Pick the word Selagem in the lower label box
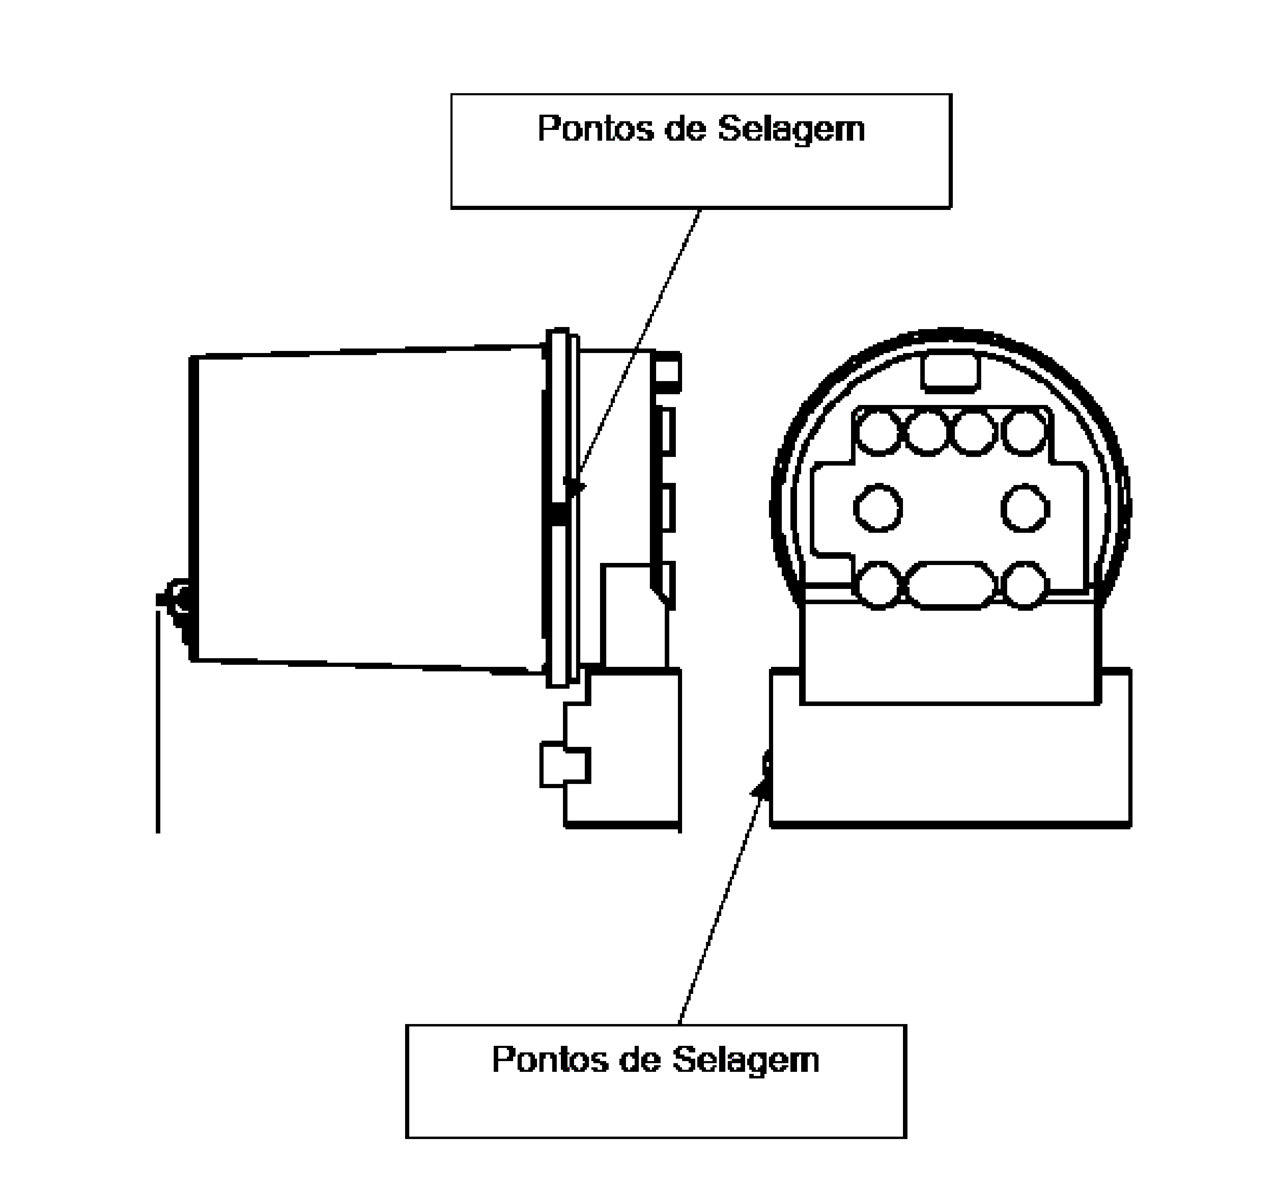(745, 1060)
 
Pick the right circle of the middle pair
(1025, 508)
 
